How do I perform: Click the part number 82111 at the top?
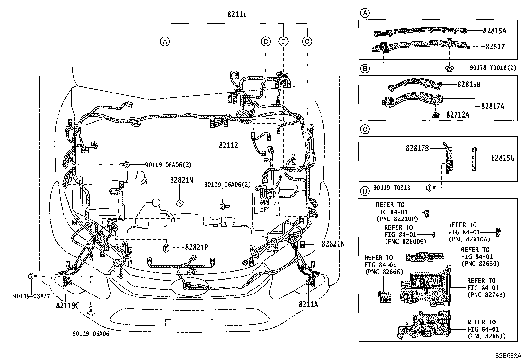pyautogui.click(x=237, y=15)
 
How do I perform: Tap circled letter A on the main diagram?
pyautogui.click(x=165, y=41)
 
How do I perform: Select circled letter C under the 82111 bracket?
pyautogui.click(x=307, y=41)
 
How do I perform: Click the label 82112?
pyautogui.click(x=228, y=145)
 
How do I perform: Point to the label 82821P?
pyautogui.click(x=196, y=248)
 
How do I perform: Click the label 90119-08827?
pyautogui.click(x=31, y=296)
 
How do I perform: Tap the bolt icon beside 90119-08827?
pyautogui.click(x=32, y=276)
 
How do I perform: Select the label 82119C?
pyautogui.click(x=67, y=306)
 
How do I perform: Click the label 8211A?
pyautogui.click(x=308, y=304)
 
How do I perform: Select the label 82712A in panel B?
pyautogui.click(x=458, y=115)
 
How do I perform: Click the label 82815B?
pyautogui.click(x=469, y=84)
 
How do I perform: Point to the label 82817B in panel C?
pyautogui.click(x=417, y=148)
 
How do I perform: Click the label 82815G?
pyautogui.click(x=503, y=158)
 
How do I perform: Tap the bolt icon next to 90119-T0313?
pyautogui.click(x=430, y=188)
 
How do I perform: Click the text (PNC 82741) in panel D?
pyautogui.click(x=486, y=295)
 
